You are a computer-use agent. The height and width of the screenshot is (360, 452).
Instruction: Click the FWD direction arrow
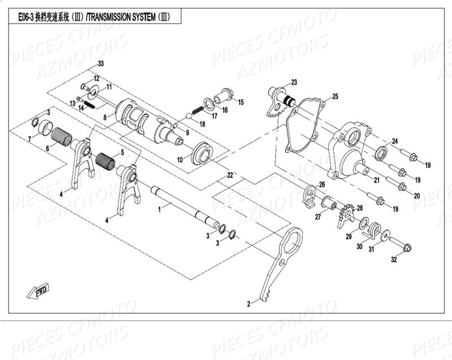[38, 291]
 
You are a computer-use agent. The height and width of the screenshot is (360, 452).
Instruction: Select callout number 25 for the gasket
[335, 96]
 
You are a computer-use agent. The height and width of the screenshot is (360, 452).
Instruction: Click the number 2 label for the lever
[248, 304]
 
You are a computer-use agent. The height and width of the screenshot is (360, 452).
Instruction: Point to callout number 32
[394, 260]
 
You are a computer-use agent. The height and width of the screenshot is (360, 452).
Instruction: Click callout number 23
[294, 82]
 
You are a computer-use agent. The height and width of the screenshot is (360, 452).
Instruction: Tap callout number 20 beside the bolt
[417, 196]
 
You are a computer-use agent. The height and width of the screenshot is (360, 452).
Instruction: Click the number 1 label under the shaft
[160, 209]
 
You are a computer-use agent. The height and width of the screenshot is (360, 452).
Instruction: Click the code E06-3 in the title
[25, 17]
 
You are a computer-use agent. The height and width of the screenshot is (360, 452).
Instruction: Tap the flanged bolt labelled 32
[405, 247]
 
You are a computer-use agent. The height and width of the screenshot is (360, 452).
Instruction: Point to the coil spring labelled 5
[106, 161]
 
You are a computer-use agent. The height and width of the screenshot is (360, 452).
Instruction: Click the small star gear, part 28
[345, 215]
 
